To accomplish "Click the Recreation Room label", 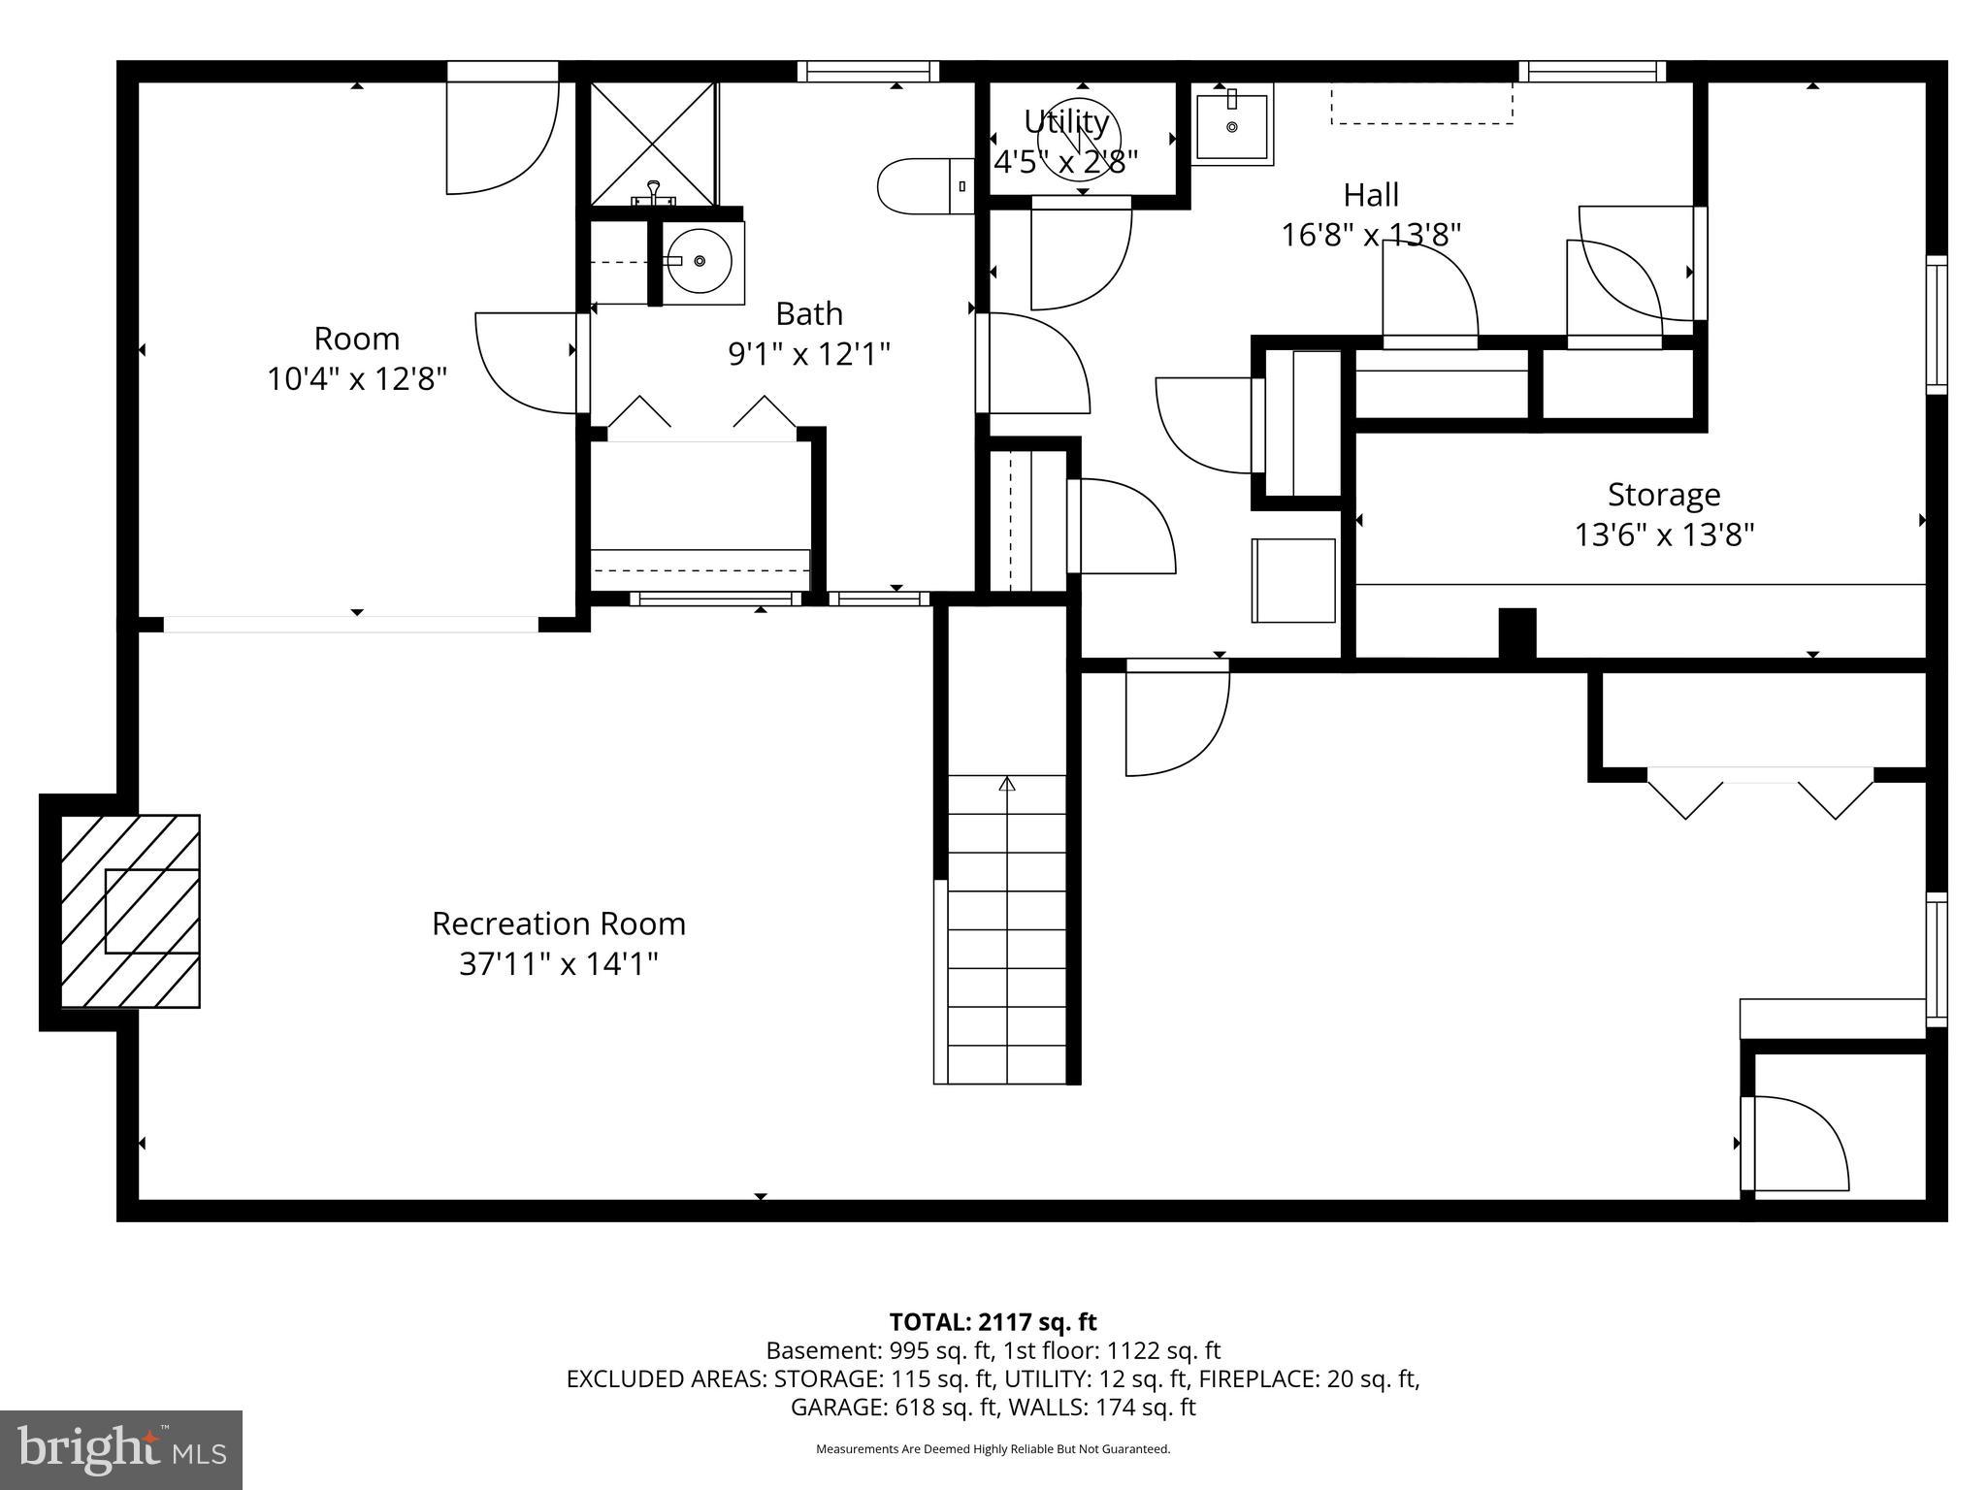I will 558,923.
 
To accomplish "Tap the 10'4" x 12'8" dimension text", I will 357,379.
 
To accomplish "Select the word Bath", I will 809,314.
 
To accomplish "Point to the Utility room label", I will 1066,122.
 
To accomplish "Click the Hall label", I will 1371,195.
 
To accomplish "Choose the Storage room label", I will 1664,495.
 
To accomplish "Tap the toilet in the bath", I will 922,185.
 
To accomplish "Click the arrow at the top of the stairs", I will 1007,783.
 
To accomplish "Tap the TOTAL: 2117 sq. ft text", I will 993,1321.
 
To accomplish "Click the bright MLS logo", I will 121,1449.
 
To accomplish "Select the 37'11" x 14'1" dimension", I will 558,964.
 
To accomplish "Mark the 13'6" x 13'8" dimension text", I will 1664,535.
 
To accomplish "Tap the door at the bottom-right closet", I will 1795,1143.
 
